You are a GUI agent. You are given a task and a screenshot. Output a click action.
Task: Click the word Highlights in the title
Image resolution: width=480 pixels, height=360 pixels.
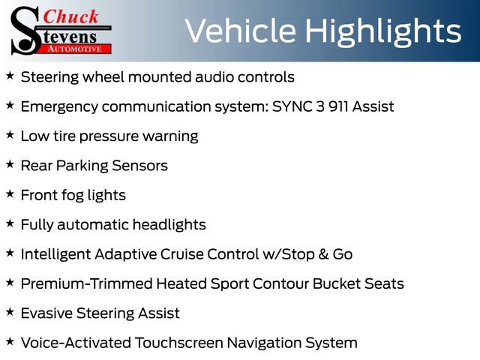pos(383,31)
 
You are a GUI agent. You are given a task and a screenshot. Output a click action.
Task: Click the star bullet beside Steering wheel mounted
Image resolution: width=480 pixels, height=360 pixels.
pos(10,76)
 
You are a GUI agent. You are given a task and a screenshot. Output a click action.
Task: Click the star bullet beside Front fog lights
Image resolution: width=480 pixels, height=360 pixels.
pos(10,193)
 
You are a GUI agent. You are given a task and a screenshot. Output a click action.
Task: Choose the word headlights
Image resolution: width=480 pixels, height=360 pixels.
pos(169,224)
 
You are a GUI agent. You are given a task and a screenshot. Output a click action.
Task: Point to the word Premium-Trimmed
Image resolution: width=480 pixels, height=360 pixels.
pos(85,283)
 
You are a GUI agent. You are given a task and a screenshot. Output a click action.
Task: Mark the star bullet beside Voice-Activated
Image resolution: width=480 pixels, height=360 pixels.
pos(10,341)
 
